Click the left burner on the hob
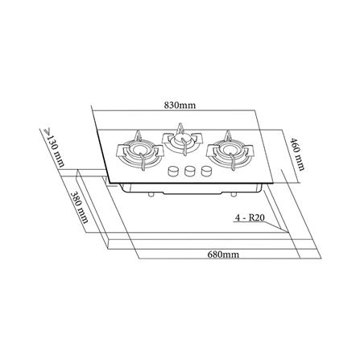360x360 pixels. [134, 153]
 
